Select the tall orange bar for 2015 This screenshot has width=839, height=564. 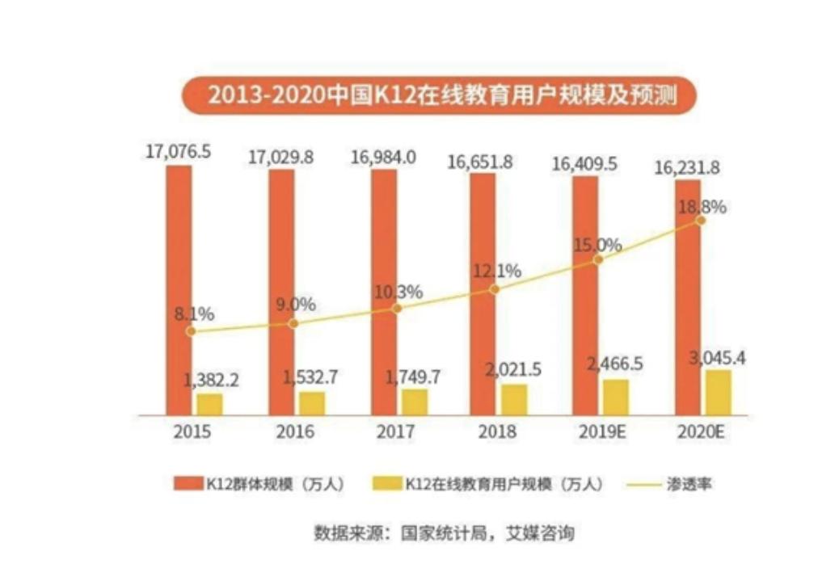click(x=179, y=291)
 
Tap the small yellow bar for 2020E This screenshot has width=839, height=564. click(x=718, y=393)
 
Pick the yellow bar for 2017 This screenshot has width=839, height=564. click(x=415, y=402)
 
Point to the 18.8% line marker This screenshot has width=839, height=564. click(x=700, y=220)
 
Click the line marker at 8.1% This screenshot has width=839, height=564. click(x=191, y=330)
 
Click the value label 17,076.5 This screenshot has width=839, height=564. click(x=178, y=151)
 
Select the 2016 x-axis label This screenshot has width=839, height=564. click(x=295, y=432)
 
